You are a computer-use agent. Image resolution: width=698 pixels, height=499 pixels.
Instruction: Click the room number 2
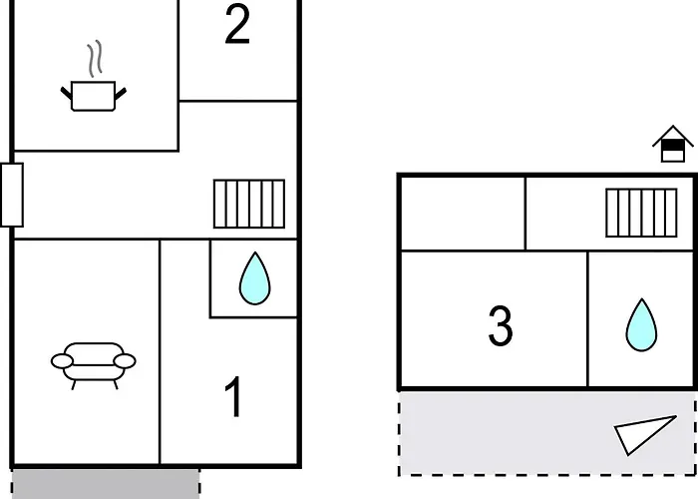237,25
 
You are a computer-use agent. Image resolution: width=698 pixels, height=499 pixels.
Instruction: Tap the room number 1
233,396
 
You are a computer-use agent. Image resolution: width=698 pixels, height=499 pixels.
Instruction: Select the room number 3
501,325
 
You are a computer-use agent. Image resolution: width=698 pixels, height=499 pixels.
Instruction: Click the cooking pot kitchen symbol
94,96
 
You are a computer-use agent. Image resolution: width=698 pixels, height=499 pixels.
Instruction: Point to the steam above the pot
95,58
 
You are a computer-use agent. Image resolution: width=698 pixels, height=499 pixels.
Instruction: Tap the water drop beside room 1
254,278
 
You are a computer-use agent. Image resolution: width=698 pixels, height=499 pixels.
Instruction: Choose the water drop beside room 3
641,325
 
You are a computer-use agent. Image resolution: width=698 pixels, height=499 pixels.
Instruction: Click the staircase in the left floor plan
249,204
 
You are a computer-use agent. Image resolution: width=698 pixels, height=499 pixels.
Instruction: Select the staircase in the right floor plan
641,213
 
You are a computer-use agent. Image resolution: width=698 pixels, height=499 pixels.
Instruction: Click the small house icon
673,144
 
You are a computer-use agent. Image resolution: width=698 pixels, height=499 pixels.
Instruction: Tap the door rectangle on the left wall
12,195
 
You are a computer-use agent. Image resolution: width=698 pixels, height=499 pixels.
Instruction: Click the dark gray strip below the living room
106,484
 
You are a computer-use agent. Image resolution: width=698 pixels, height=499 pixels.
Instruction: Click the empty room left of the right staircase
463,214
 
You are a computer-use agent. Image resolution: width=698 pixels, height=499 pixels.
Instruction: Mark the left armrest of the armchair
62,361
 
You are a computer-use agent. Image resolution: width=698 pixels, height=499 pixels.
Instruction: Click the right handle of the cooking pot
121,94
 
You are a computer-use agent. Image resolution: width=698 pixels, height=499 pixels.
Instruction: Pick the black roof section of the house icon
673,146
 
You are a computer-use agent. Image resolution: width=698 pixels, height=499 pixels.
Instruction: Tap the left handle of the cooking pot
67,94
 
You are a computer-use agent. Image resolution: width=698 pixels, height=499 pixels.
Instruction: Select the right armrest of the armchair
125,361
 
